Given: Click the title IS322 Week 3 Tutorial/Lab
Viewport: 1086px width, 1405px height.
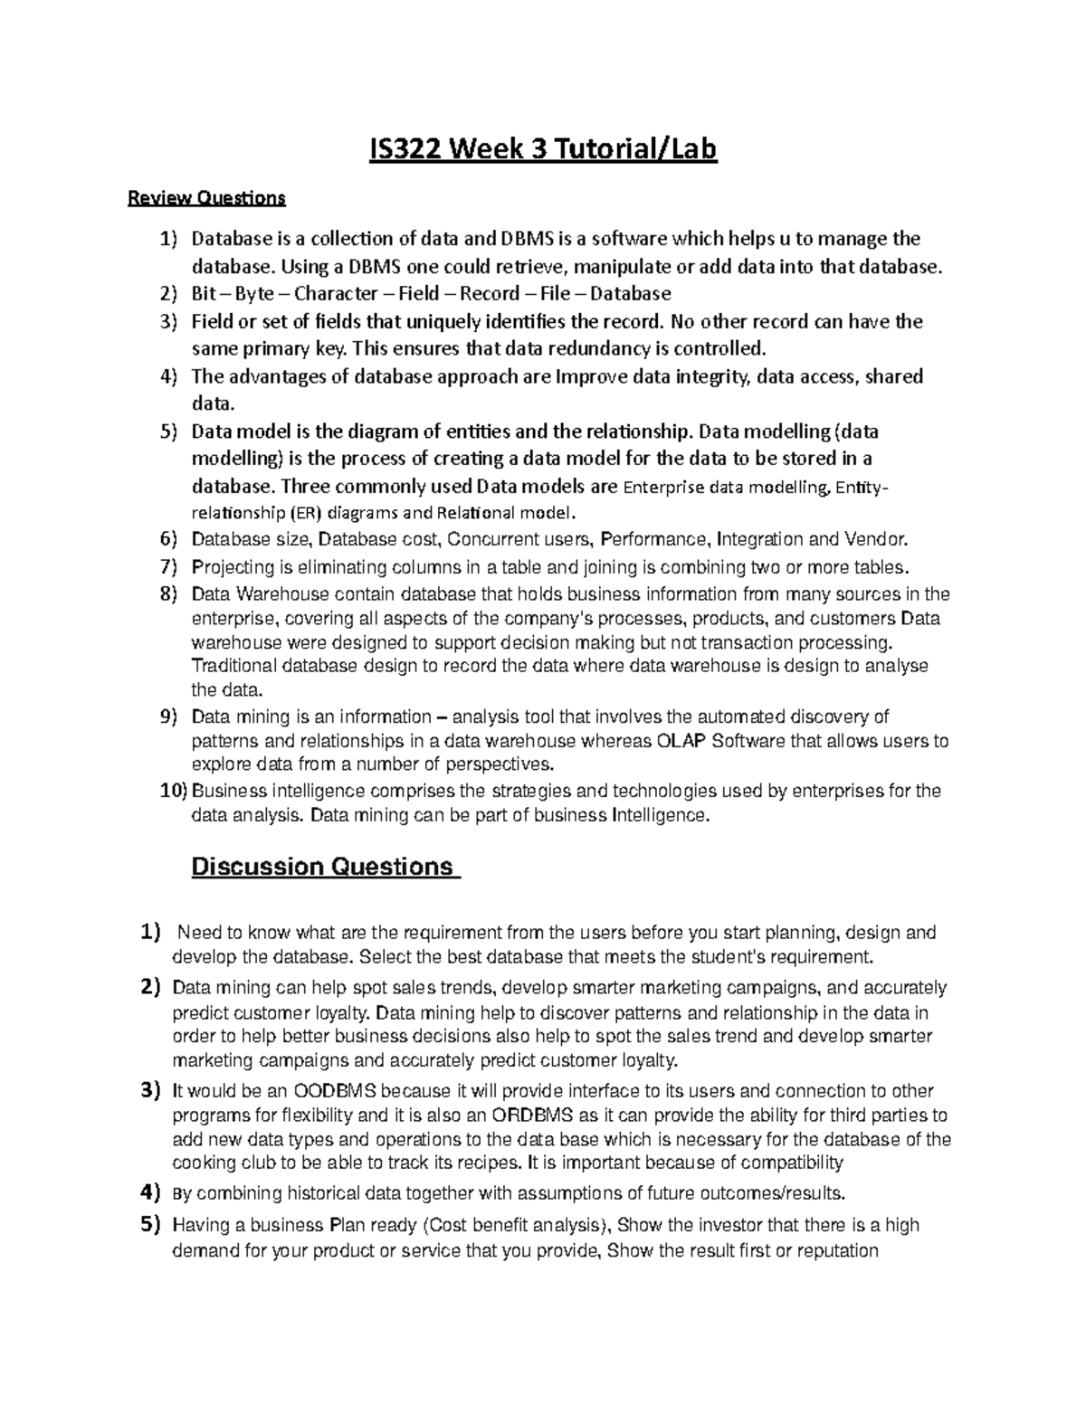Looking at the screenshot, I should [x=543, y=149].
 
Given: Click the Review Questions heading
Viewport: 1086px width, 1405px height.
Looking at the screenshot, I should [x=206, y=196].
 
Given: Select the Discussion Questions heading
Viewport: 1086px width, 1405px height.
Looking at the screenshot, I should [x=323, y=867].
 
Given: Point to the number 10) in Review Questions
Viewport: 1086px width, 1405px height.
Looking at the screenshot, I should [x=172, y=791].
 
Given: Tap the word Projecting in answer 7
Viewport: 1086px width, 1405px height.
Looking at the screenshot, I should [x=233, y=567].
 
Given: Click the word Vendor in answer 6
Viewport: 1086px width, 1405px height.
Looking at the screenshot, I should [x=873, y=540].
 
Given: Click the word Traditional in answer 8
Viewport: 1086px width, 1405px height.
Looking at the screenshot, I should [x=233, y=666].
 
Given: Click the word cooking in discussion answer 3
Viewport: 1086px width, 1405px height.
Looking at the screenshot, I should [x=204, y=1163].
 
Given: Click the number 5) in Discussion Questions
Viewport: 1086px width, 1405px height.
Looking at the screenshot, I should [x=150, y=1226].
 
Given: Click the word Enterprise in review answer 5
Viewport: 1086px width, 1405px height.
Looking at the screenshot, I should [x=664, y=488].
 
